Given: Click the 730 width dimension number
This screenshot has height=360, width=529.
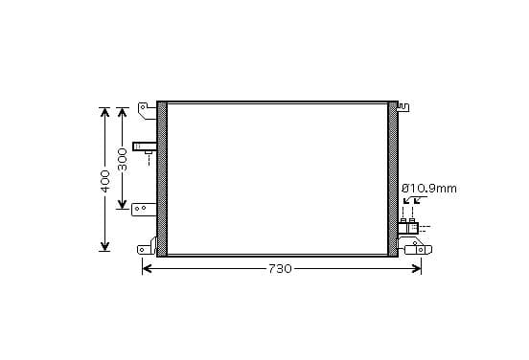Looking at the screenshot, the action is [x=280, y=269].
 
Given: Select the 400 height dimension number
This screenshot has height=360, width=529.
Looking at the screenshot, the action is [x=105, y=181].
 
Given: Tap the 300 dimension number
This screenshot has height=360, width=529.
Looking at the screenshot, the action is [x=122, y=160].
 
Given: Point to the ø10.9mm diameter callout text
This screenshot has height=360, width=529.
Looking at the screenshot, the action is [x=428, y=189].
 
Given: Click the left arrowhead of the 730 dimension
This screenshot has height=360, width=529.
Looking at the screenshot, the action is [x=147, y=269].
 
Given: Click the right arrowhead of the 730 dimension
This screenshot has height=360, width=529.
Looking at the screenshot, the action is [x=417, y=269].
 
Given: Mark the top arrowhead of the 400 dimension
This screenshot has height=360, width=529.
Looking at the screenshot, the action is [x=104, y=112].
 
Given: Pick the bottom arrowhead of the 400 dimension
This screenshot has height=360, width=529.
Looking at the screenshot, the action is [x=104, y=246].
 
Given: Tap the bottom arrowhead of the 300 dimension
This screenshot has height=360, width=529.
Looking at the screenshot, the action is [x=122, y=204].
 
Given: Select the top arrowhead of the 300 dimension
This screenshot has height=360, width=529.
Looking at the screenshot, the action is [x=122, y=112].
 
